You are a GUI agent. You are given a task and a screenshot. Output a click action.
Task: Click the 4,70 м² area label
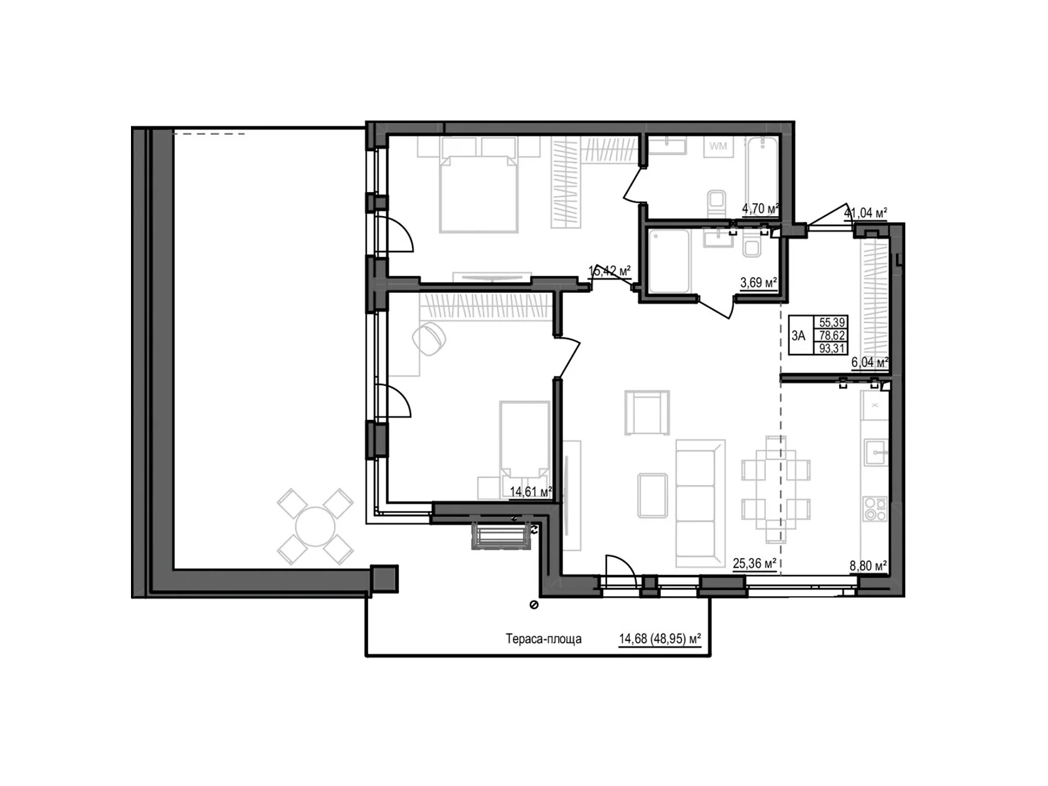[760, 209]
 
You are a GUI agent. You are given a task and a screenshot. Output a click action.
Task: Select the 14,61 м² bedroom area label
[531, 491]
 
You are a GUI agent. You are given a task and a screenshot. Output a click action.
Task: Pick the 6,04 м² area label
[869, 363]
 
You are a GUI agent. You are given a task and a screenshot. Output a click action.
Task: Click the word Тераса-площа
[544, 639]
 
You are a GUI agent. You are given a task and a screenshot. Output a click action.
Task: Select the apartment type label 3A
[798, 336]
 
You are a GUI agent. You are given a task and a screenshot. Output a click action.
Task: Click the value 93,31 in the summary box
[832, 348]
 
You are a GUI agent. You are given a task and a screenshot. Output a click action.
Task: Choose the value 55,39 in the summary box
[832, 322]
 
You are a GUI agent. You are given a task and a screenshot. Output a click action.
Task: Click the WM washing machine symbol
[718, 147]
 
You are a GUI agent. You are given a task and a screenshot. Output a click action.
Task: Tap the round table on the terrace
[316, 527]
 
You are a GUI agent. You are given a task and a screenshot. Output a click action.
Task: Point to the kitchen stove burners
[875, 509]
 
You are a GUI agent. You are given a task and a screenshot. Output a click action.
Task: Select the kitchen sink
[876, 452]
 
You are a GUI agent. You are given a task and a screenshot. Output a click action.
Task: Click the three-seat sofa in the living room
[700, 503]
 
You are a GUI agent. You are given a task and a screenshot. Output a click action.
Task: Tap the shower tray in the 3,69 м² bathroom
[667, 261]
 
